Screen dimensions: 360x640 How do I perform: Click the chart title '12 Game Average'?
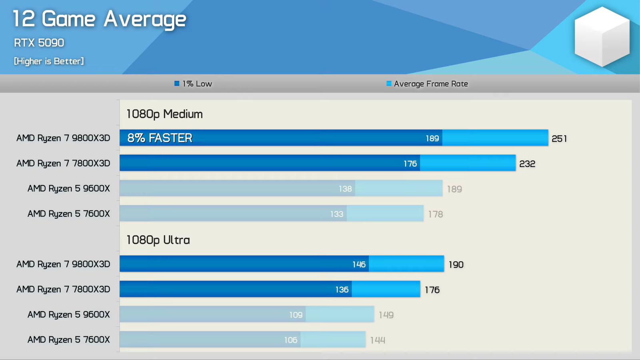click(99, 19)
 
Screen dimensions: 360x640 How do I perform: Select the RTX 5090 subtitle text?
click(39, 43)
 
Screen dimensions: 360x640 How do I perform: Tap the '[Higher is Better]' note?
click(49, 61)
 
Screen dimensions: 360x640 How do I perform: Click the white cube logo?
click(602, 36)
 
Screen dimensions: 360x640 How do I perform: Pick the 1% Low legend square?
click(177, 84)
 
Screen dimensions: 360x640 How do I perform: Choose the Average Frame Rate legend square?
click(389, 84)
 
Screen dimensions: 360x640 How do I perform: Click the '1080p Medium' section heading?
click(164, 114)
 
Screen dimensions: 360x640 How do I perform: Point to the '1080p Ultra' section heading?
click(158, 240)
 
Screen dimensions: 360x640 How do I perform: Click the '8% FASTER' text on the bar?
click(160, 138)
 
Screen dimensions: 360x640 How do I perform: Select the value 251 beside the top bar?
click(559, 139)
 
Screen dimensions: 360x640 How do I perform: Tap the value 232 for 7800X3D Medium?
click(527, 164)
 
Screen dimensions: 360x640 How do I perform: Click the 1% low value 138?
click(345, 189)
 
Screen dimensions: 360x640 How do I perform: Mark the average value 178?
click(436, 214)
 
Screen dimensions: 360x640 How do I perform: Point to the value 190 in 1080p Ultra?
click(456, 265)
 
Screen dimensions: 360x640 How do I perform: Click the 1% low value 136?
click(342, 290)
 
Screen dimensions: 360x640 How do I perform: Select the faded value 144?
click(378, 340)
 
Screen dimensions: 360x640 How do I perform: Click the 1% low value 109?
click(296, 315)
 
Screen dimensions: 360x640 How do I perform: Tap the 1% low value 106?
click(291, 340)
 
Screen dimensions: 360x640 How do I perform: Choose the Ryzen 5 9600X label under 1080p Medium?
click(68, 188)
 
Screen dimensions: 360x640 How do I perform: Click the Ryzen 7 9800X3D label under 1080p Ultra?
click(63, 264)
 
